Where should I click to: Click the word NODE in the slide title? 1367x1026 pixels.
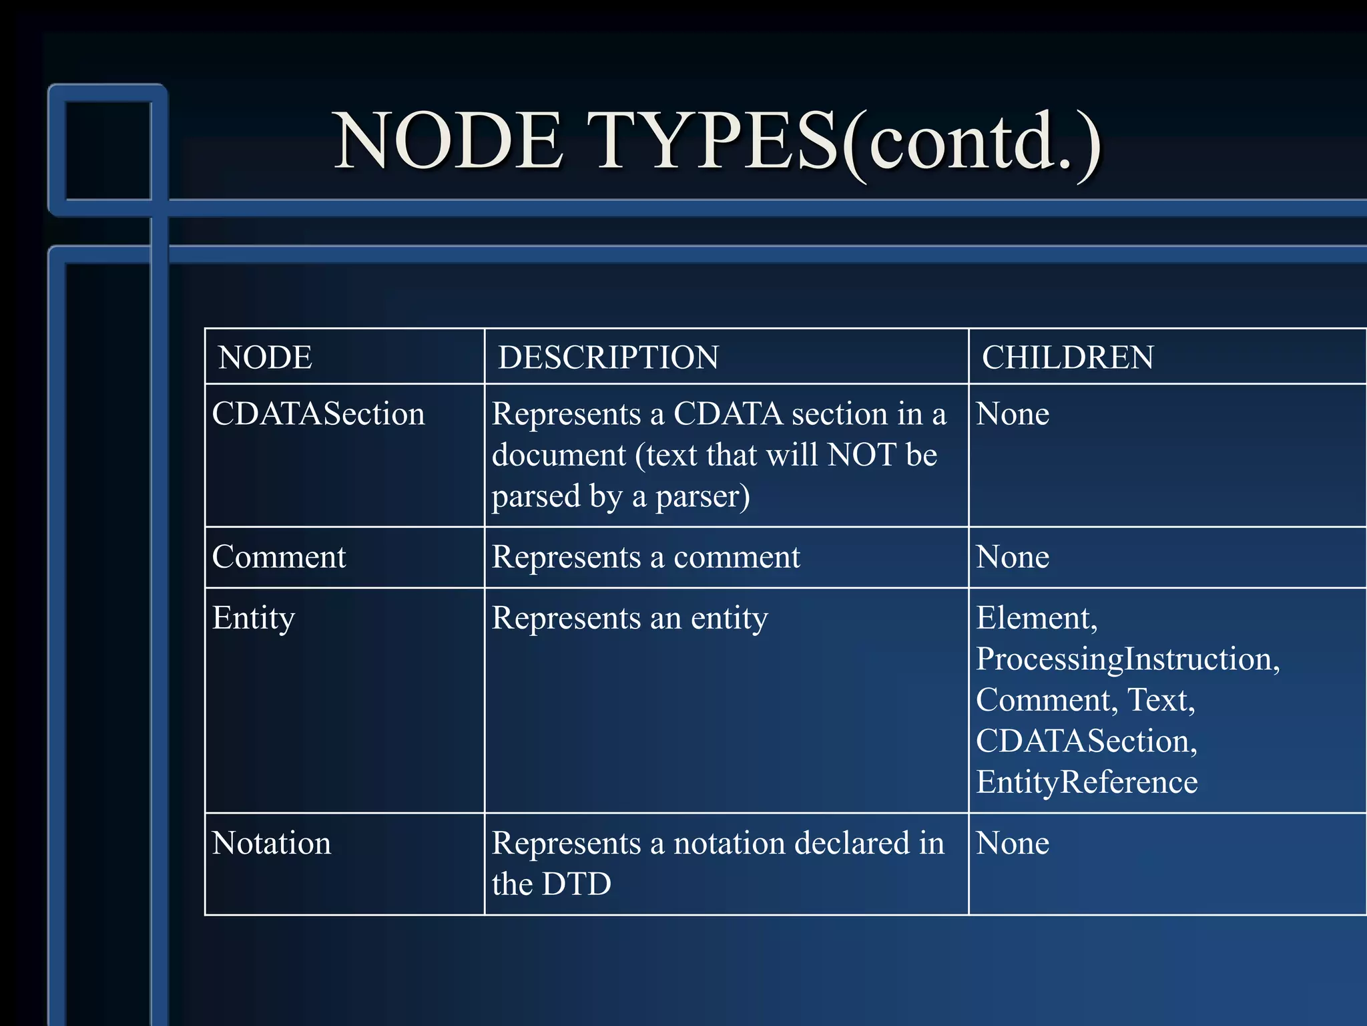(x=449, y=142)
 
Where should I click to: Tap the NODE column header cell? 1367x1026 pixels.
(x=266, y=357)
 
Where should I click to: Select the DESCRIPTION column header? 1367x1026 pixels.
(x=608, y=357)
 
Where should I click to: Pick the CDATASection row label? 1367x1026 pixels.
(x=318, y=414)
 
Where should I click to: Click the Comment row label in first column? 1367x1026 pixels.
(x=279, y=557)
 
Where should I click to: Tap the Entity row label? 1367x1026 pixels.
(x=253, y=619)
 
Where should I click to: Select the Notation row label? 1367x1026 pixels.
(x=271, y=844)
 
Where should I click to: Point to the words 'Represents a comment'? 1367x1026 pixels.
(x=645, y=557)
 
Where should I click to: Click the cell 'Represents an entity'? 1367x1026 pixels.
(x=629, y=619)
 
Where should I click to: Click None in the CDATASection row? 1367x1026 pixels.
(x=1012, y=414)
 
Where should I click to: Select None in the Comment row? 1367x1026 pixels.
(x=1012, y=557)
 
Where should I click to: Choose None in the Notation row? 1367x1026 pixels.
(x=1012, y=844)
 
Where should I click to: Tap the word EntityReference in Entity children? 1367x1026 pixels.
(x=1086, y=782)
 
